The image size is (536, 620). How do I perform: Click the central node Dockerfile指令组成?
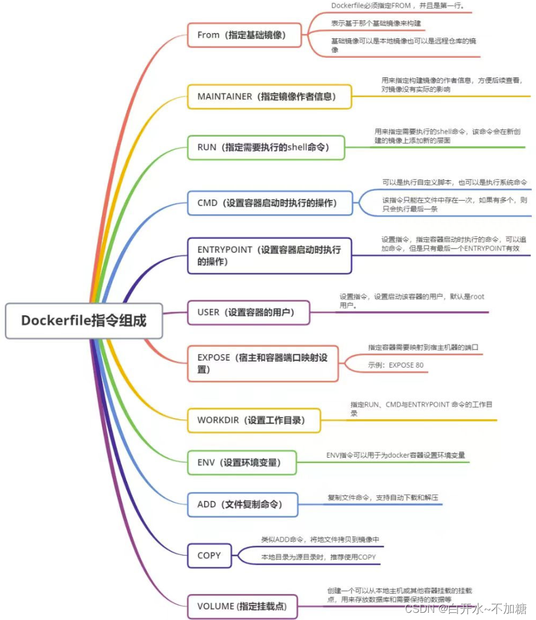pyautogui.click(x=84, y=320)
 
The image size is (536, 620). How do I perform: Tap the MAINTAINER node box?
pyautogui.click(x=269, y=96)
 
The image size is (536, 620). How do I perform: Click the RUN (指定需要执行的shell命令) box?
pyautogui.click(x=266, y=147)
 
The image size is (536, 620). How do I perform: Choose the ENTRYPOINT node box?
pyautogui.click(x=269, y=256)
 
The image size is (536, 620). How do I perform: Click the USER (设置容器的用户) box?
pyautogui.click(x=249, y=312)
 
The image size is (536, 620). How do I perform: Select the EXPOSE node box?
pyautogui.click(x=262, y=364)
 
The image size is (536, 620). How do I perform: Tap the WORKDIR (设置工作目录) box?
pyautogui.click(x=254, y=420)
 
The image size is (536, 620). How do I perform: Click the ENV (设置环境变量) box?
pyautogui.click(x=242, y=462)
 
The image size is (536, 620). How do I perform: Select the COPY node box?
pyautogui.click(x=209, y=555)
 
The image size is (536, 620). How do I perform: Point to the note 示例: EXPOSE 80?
pyautogui.click(x=396, y=365)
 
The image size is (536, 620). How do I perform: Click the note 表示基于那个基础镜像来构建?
pyautogui.click(x=376, y=23)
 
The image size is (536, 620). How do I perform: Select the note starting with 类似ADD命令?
pyautogui.click(x=320, y=539)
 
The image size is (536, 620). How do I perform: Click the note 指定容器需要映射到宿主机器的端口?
pyautogui.click(x=423, y=347)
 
